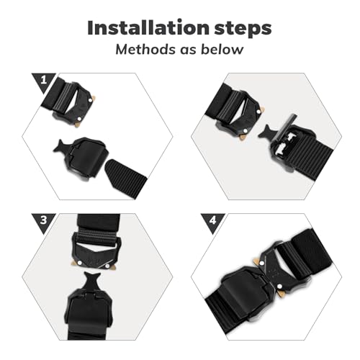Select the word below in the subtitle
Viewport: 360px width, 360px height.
coord(220,50)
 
